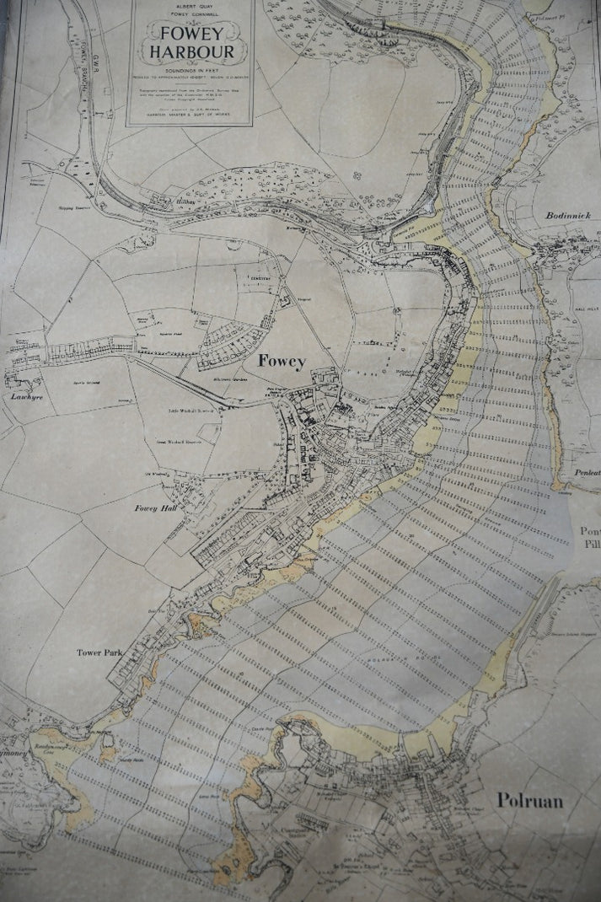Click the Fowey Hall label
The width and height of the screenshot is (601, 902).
click(x=155, y=509)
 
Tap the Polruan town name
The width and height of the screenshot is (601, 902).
click(x=529, y=800)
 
